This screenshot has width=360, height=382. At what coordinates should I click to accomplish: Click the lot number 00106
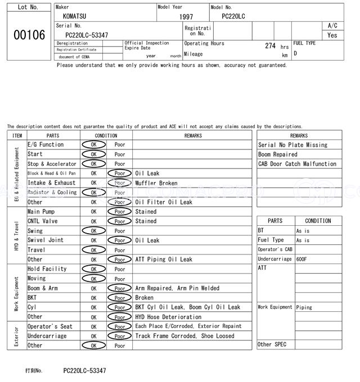click(x=29, y=35)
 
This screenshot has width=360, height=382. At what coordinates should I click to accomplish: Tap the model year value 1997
click(x=186, y=17)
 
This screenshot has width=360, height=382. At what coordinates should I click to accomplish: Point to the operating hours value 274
click(x=270, y=46)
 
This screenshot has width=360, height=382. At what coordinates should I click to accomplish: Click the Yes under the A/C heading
click(x=332, y=35)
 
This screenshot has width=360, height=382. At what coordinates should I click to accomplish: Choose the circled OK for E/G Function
click(x=93, y=144)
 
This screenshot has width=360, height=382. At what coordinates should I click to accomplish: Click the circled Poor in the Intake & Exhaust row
click(x=120, y=183)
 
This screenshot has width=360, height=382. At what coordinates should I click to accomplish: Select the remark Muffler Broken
click(x=156, y=183)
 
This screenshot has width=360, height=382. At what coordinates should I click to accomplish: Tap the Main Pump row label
click(x=40, y=212)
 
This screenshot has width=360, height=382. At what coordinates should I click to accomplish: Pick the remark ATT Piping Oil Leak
click(x=164, y=260)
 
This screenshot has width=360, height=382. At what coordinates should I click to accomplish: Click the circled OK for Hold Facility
click(x=93, y=269)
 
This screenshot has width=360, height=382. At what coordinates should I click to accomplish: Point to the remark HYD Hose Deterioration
click(x=168, y=317)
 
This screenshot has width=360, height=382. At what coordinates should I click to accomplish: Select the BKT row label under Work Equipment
click(x=33, y=298)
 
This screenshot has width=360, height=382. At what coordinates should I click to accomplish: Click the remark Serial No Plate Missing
click(x=292, y=145)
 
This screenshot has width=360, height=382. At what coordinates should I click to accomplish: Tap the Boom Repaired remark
click(x=278, y=154)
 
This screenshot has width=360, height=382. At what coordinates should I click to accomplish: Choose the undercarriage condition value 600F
click(x=303, y=259)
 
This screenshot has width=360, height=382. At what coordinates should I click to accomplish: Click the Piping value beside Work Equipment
click(x=304, y=307)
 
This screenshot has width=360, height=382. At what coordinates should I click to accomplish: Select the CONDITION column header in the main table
click(x=106, y=135)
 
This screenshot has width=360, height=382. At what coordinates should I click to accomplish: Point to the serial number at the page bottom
click(x=84, y=371)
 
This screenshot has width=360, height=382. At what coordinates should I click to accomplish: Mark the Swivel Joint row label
click(x=46, y=240)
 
